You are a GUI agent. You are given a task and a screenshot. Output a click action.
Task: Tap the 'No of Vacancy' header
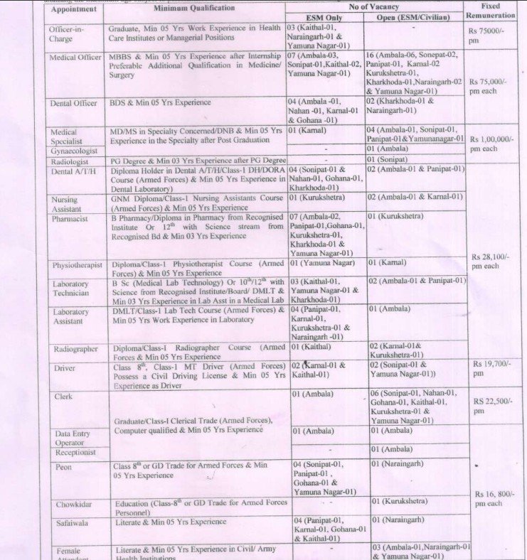coord(374,6)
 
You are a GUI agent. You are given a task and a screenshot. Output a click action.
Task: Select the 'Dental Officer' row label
coord(73,103)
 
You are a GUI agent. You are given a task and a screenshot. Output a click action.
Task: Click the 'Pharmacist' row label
coord(69,219)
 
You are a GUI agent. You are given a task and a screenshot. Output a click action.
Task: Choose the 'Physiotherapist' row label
coord(78,265)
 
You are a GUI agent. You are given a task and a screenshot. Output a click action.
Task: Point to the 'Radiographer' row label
coord(76,349)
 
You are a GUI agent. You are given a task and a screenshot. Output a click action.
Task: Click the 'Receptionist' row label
coord(75,452)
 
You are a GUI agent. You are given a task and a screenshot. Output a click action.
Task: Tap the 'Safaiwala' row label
coord(72,521)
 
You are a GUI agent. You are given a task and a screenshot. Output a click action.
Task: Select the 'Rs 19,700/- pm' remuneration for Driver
coord(491,368)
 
